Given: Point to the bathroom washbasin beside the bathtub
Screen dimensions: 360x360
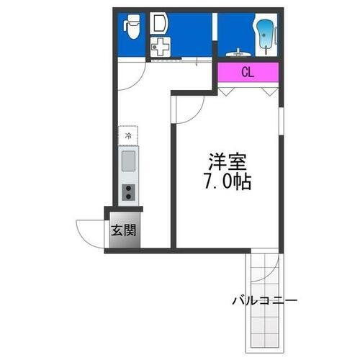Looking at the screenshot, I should [x=238, y=51].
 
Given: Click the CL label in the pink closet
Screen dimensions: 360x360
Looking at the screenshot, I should [x=247, y=72].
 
